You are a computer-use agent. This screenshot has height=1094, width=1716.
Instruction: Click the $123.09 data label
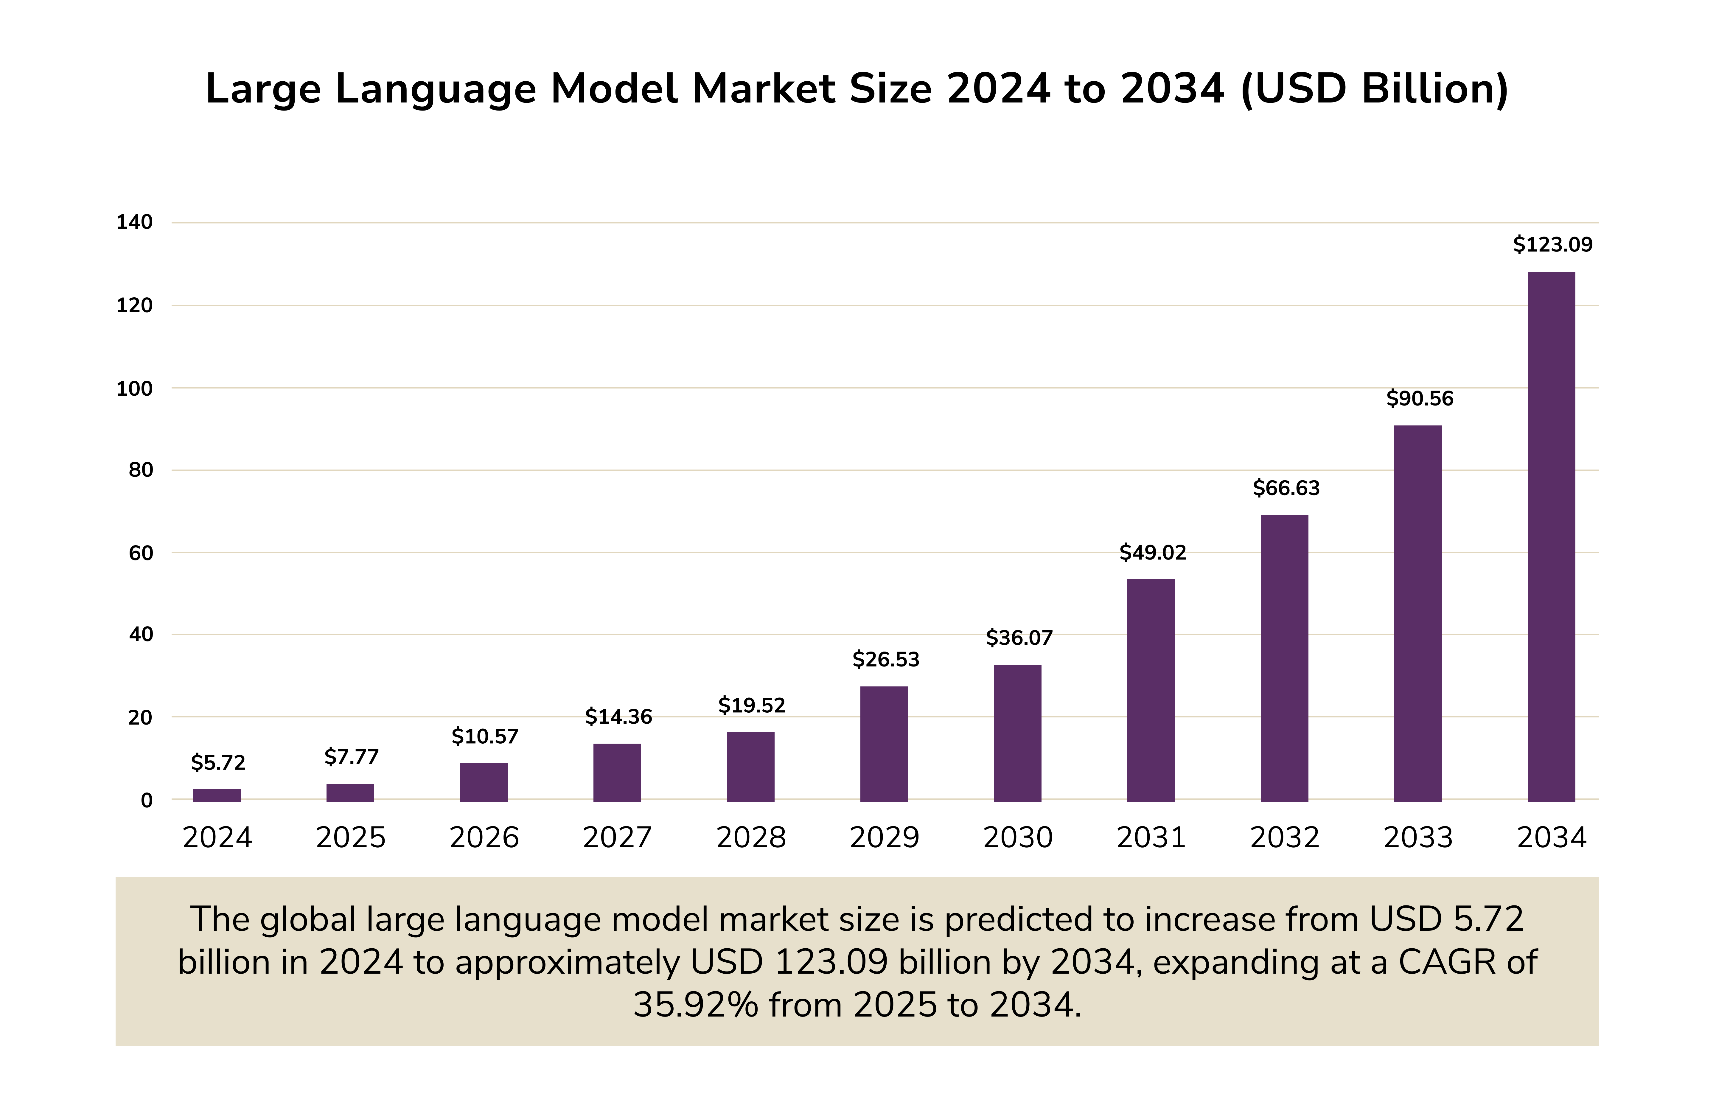tap(1552, 245)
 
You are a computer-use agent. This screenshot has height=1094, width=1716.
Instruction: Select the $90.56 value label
tap(1419, 398)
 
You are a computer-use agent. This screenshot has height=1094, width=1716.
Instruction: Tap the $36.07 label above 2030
tap(1018, 638)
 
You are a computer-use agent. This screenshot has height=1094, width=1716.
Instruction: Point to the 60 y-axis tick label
tap(140, 553)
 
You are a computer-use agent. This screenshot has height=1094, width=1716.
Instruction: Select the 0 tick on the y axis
tap(146, 800)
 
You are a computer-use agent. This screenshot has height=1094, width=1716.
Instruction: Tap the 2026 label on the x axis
tap(484, 837)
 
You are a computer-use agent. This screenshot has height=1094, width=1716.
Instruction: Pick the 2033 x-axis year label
tap(1417, 837)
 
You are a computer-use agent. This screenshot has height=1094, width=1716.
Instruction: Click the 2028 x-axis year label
tap(750, 837)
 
